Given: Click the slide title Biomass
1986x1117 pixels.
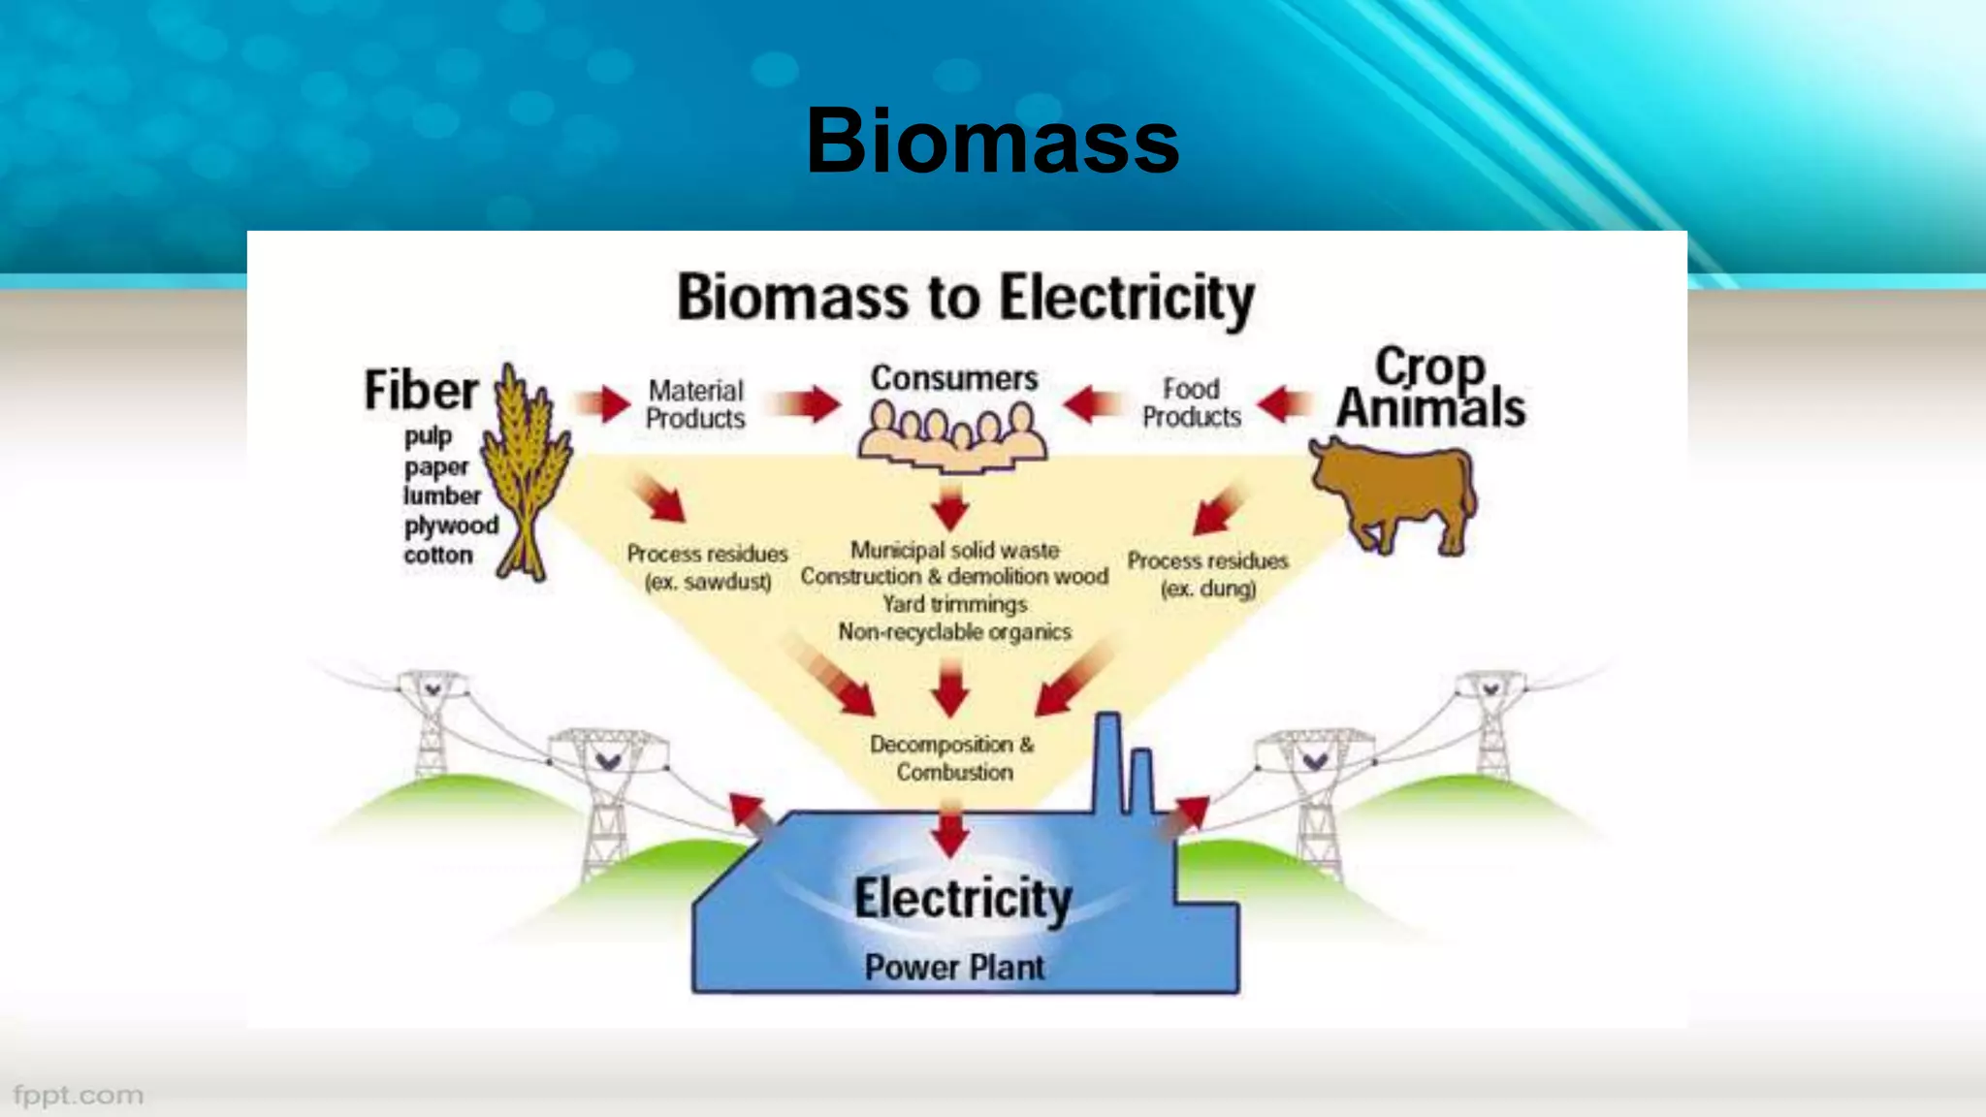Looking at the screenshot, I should pyautogui.click(x=992, y=142).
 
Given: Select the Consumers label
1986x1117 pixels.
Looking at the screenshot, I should pyautogui.click(x=954, y=378).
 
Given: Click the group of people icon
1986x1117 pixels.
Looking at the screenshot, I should pyautogui.click(x=952, y=436).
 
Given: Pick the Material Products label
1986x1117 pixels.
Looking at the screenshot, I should pyautogui.click(x=695, y=404).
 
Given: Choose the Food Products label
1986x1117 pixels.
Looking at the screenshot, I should pyautogui.click(x=1191, y=402).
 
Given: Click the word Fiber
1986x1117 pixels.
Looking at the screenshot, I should pyautogui.click(x=421, y=390).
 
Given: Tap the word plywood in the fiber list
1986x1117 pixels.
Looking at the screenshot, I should pyautogui.click(x=451, y=526).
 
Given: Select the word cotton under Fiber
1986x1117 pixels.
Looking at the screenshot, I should pyautogui.click(x=438, y=556).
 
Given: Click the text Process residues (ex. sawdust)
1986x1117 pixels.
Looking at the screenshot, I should pyautogui.click(x=707, y=567).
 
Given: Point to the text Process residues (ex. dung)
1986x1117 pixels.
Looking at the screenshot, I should pyautogui.click(x=1207, y=574).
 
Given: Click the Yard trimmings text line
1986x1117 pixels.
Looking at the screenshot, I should pyautogui.click(x=954, y=604).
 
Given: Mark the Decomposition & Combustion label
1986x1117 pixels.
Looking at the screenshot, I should pyautogui.click(x=953, y=758).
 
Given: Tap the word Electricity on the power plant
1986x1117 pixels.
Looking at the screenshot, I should pyautogui.click(x=962, y=899).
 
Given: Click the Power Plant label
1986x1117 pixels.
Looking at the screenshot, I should pyautogui.click(x=954, y=967).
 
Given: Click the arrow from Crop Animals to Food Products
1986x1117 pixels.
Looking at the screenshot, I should pyautogui.click(x=1286, y=403).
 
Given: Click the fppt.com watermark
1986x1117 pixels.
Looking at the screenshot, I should pyautogui.click(x=79, y=1096).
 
